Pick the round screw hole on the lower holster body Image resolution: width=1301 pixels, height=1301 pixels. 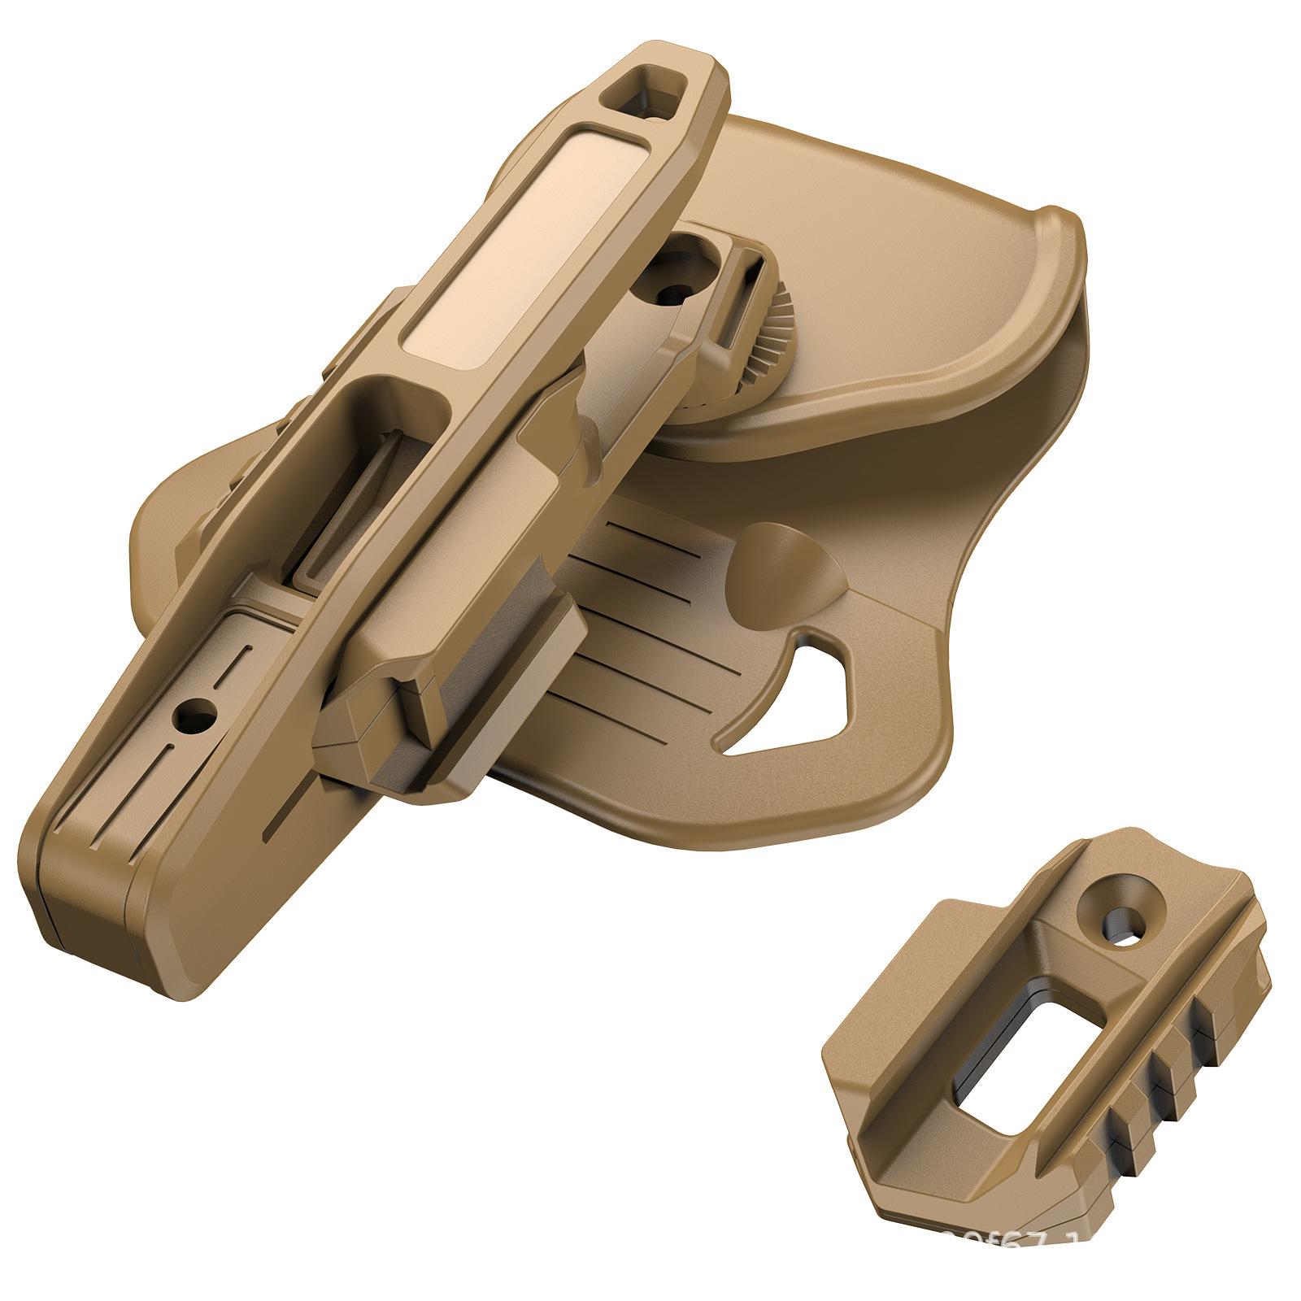(x=195, y=716)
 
